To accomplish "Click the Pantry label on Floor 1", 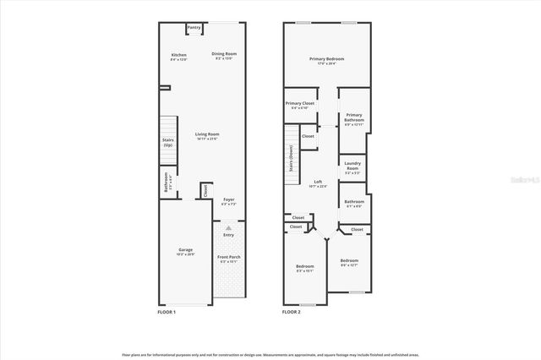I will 194,28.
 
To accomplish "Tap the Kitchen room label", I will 178,57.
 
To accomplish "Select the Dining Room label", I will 225,56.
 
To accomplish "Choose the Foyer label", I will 229,202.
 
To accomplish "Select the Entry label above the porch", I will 229,235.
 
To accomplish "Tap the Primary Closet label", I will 299,105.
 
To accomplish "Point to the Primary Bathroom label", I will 354,120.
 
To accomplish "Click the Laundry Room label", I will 352,168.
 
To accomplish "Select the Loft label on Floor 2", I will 318,183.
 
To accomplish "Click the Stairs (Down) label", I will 292,158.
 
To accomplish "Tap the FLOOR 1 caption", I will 167,312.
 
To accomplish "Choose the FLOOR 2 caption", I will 292,312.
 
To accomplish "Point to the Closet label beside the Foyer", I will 205,191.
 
